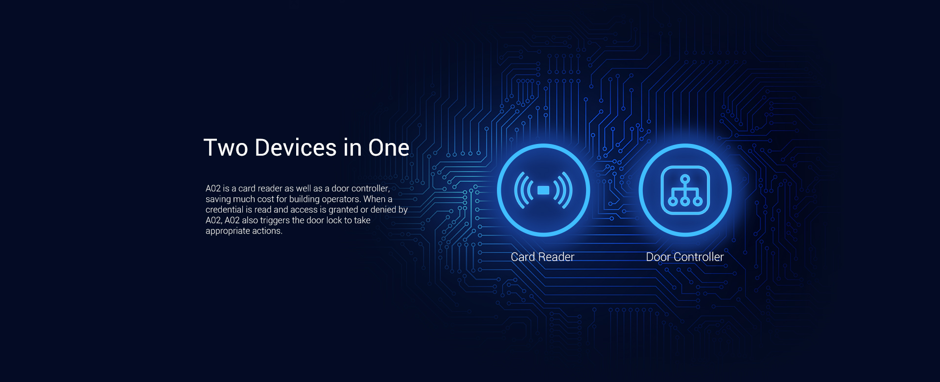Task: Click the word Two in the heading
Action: point(226,148)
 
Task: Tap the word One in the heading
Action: point(389,148)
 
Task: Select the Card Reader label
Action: point(542,257)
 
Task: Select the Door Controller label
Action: point(684,257)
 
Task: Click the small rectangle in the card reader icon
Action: point(543,191)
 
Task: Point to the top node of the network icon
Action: point(685,179)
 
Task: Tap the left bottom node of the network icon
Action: point(673,201)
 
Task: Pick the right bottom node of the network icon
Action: point(698,201)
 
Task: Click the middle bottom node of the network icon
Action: point(685,201)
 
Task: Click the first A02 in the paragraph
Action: point(213,189)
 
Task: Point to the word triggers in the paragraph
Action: point(274,220)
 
